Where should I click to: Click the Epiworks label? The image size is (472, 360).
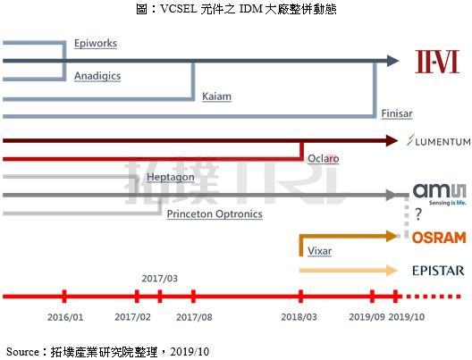coord(96,43)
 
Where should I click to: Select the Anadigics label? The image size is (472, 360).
coord(97,76)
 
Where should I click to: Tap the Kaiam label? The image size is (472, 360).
coord(216,96)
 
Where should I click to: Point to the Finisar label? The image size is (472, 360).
coord(397,113)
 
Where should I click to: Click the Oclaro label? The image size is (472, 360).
coord(324,158)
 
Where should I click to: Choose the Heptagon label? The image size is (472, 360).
coord(171,177)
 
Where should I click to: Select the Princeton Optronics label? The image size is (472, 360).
coord(215,214)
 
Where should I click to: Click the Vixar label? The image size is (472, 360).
coord(320,251)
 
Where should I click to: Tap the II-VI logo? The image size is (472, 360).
coord(437,62)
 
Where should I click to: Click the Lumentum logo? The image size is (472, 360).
coord(439,141)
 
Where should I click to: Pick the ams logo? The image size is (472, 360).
coord(440,195)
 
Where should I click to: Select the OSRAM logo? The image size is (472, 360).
coord(439,238)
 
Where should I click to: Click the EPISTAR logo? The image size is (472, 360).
coord(438,271)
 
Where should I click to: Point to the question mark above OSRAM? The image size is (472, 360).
coord(418,214)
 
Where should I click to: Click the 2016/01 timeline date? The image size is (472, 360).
coord(65,317)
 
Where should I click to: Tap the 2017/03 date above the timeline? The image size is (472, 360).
coord(159,279)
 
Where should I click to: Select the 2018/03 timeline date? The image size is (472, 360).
coord(299,317)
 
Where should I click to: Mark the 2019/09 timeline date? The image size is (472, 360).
coord(367,317)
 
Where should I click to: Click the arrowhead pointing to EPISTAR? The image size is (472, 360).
coord(392,271)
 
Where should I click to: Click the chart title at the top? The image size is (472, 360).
coord(236,9)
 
